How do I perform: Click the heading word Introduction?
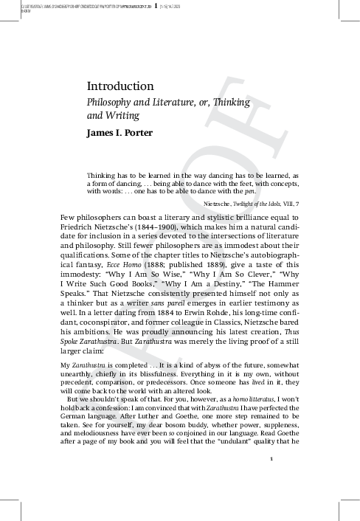120,86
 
